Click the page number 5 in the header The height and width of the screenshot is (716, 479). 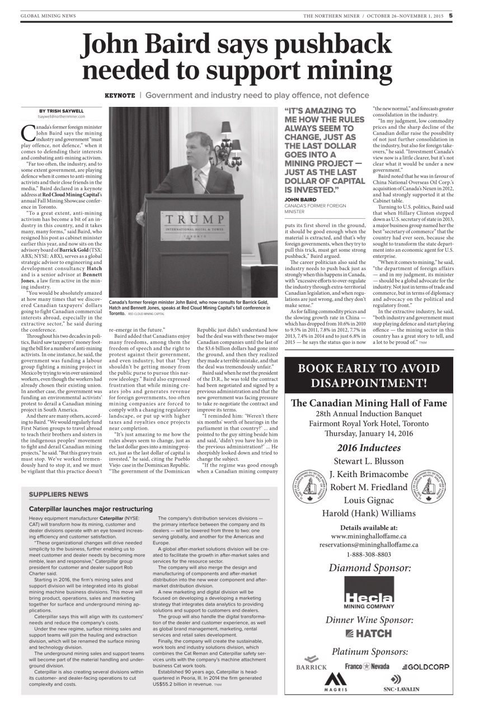pyautogui.click(x=450, y=16)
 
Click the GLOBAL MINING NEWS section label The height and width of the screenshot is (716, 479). pyautogui.click(x=48, y=16)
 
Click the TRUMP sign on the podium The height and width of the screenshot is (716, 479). pyautogui.click(x=190, y=219)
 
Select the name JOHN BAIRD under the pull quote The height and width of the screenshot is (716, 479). pyautogui.click(x=300, y=199)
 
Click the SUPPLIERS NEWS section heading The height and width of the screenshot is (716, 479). pyautogui.click(x=58, y=494)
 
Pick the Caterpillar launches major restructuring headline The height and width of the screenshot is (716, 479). pyautogui.click(x=91, y=508)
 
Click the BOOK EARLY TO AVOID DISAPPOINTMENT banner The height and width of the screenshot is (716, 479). pyautogui.click(x=369, y=375)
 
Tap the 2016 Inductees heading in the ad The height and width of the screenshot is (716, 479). pyautogui.click(x=369, y=447)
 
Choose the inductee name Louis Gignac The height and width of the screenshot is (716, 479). pyautogui.click(x=369, y=500)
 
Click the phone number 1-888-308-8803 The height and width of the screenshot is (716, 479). pyautogui.click(x=369, y=554)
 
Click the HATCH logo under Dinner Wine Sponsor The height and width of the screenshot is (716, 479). pyautogui.click(x=369, y=633)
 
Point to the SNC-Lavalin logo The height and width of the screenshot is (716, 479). pyautogui.click(x=401, y=683)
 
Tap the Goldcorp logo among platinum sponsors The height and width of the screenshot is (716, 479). pyautogui.click(x=425, y=667)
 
